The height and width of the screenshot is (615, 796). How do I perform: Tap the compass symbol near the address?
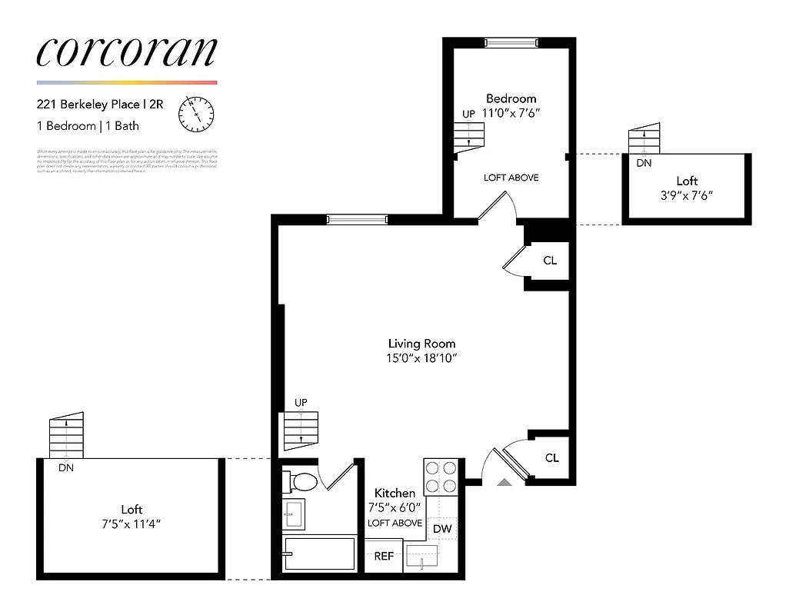tap(195, 114)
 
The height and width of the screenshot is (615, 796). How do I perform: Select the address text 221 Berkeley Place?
tap(88, 105)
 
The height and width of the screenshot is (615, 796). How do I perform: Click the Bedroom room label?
tap(511, 98)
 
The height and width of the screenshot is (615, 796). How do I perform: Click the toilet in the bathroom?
tap(301, 482)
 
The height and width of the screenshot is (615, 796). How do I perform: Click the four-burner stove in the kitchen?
tap(441, 477)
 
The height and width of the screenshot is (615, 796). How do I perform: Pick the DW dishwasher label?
tap(441, 529)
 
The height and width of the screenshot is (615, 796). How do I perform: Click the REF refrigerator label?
tap(384, 557)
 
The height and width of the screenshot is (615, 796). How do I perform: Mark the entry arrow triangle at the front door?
tap(504, 482)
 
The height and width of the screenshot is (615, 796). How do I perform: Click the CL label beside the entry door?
tap(551, 458)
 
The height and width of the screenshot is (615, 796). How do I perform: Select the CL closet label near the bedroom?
tap(550, 261)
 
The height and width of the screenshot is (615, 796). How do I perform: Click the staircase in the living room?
tap(301, 430)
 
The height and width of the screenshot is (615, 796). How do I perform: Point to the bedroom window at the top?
tap(510, 42)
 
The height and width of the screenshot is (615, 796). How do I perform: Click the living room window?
tap(356, 219)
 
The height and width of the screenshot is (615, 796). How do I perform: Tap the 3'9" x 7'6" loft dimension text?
tap(686, 195)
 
